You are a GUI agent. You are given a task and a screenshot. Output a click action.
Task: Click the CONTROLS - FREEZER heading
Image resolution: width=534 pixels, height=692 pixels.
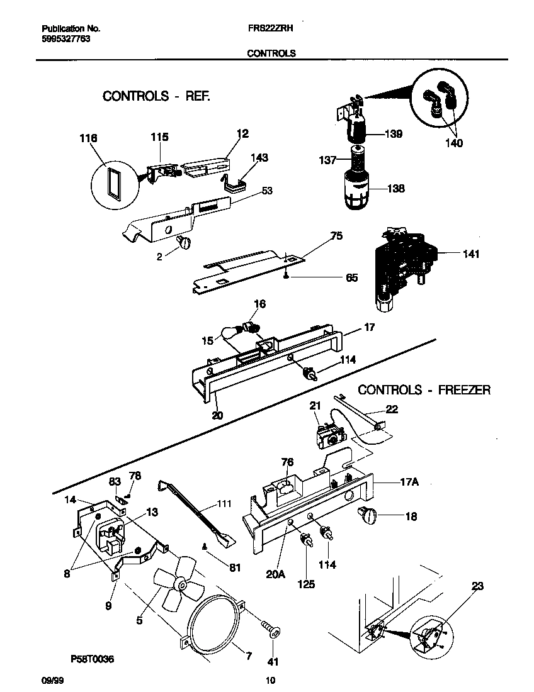tap(424, 390)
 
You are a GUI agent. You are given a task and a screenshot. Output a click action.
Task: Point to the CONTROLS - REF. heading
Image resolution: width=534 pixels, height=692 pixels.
tap(156, 96)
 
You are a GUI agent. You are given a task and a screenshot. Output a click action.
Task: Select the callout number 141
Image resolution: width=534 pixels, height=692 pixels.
tap(470, 254)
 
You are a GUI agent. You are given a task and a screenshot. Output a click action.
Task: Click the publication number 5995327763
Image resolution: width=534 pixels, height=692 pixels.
tap(67, 39)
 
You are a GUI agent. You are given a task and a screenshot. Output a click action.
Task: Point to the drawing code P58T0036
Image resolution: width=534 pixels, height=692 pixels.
tap(93, 659)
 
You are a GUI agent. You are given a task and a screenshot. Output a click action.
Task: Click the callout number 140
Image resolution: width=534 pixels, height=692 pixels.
tap(453, 143)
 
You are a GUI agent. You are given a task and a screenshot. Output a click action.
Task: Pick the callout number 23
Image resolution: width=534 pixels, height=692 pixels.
tap(477, 586)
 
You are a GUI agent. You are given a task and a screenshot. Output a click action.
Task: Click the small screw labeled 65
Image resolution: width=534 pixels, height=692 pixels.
tap(287, 274)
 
